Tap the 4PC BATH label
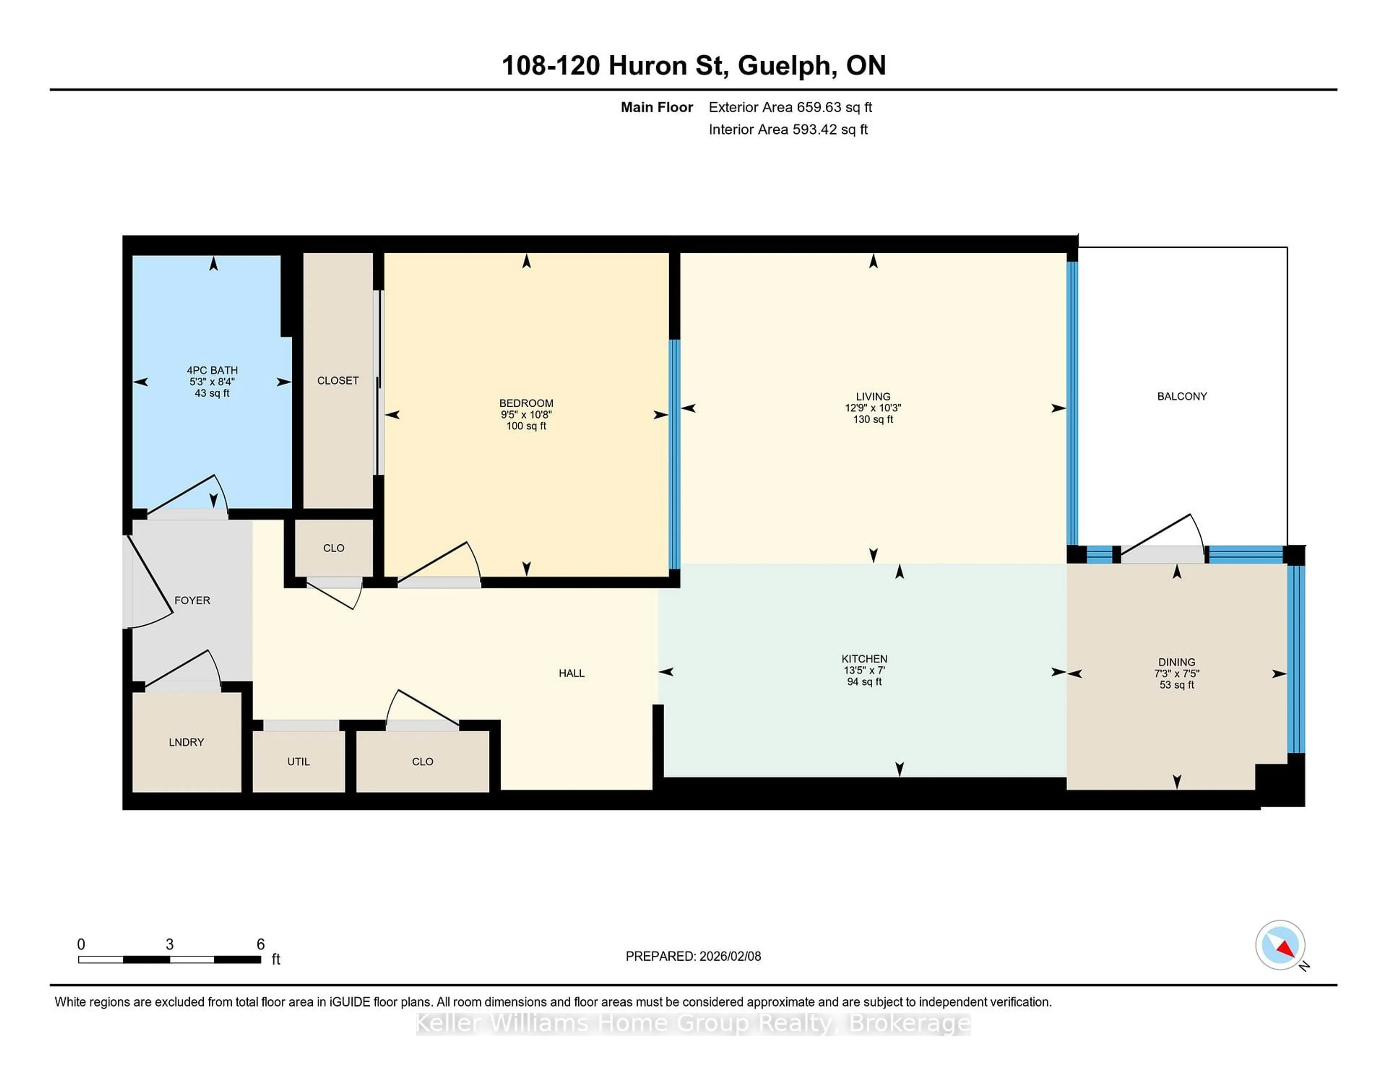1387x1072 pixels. (212, 370)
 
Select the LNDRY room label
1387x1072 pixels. (186, 742)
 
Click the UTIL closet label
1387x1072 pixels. (298, 761)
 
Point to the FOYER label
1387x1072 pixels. (192, 600)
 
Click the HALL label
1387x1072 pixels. (571, 673)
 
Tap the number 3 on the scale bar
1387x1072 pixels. (169, 945)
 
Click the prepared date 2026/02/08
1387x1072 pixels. (730, 956)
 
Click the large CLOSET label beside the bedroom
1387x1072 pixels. (338, 380)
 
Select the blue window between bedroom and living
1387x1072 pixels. (674, 454)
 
